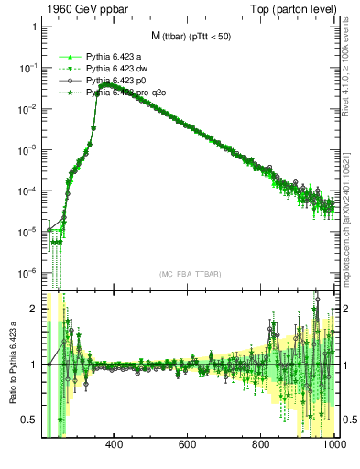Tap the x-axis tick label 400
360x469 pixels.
(x=115, y=446)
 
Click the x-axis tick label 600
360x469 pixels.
(x=188, y=446)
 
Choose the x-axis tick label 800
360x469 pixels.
(x=262, y=446)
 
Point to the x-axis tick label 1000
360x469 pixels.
(x=333, y=446)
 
